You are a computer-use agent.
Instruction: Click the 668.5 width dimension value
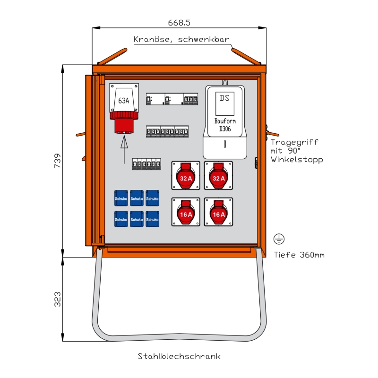pyautogui.click(x=179, y=23)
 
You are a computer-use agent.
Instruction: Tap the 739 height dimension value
pyautogui.click(x=57, y=161)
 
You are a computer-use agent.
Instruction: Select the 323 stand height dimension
pyautogui.click(x=57, y=299)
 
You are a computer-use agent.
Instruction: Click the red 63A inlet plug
pyautogui.click(x=124, y=122)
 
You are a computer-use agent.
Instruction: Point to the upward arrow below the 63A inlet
pyautogui.click(x=124, y=149)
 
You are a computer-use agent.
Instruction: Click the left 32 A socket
pyautogui.click(x=186, y=175)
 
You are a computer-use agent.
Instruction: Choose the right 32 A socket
pyautogui.click(x=218, y=175)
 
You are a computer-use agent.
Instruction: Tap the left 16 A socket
pyautogui.click(x=186, y=212)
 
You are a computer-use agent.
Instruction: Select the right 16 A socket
pyautogui.click(x=218, y=212)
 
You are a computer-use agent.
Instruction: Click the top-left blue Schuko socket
pyautogui.click(x=121, y=198)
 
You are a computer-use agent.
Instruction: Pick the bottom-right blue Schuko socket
pyautogui.click(x=152, y=219)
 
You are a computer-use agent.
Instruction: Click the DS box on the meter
pyautogui.click(x=225, y=103)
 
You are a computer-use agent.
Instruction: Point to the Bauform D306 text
pyautogui.click(x=225, y=125)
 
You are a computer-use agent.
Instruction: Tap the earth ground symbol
pyautogui.click(x=279, y=239)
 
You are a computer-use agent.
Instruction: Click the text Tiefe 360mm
pyautogui.click(x=299, y=255)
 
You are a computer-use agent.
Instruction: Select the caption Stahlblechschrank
pyautogui.click(x=179, y=356)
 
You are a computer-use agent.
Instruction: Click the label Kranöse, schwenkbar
pyautogui.click(x=181, y=39)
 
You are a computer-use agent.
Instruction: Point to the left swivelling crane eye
pyautogui.click(x=112, y=56)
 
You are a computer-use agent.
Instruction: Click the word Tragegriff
pyautogui.click(x=294, y=142)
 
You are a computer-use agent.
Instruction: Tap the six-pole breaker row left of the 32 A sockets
pyautogui.click(x=146, y=164)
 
